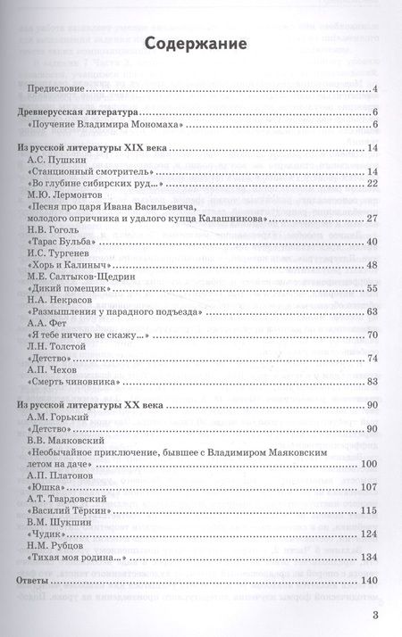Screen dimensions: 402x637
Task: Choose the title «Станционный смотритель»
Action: [x=84, y=170]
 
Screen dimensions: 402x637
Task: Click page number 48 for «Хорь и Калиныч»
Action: [x=373, y=265]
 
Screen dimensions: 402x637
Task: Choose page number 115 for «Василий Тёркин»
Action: [x=370, y=509]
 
